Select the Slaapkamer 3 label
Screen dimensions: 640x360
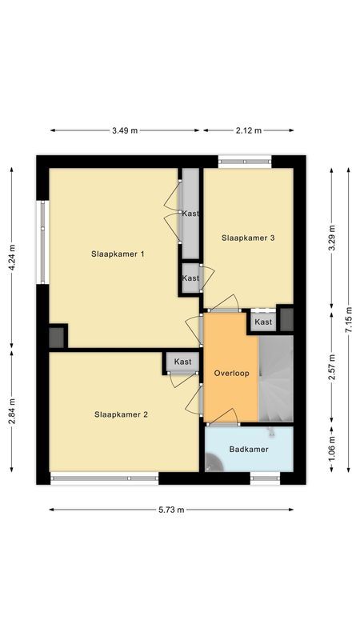tap(248, 238)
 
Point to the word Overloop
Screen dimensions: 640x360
tap(231, 374)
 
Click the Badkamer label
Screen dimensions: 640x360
tap(249, 450)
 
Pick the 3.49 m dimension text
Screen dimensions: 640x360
tap(124, 130)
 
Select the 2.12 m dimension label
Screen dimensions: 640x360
tap(248, 130)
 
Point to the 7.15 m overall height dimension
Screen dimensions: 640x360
tap(349, 324)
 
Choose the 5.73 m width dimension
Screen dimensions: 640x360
tap(170, 510)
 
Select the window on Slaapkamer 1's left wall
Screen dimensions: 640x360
tap(42, 242)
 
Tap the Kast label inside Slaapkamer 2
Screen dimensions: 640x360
tap(183, 362)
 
